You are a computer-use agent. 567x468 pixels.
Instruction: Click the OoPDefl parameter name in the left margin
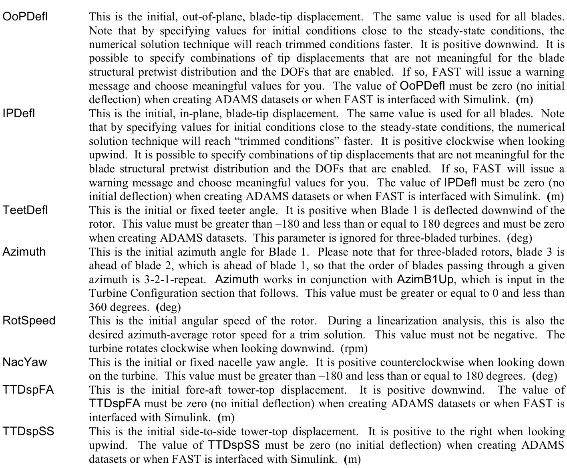pos(25,17)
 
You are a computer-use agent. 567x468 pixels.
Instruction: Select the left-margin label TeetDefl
pos(25,210)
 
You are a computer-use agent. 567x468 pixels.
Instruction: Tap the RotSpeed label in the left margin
pos(29,321)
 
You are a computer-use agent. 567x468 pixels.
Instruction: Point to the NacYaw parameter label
pos(24,362)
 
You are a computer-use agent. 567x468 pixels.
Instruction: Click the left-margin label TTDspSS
pos(28,432)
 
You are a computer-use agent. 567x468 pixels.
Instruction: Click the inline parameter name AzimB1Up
pos(425,279)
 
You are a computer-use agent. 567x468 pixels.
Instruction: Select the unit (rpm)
pos(354,348)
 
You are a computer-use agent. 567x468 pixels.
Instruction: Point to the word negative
pos(515,334)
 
